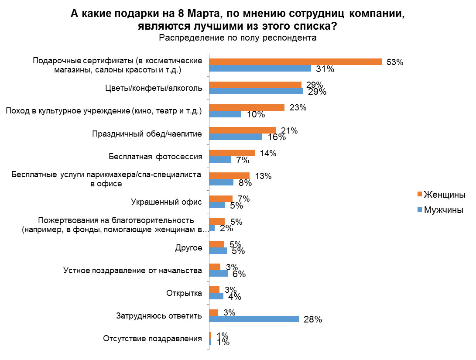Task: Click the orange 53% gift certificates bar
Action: coord(295,62)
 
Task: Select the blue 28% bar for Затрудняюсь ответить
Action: coord(254,319)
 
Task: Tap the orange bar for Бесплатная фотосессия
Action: coord(232,153)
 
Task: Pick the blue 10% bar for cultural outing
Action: coord(225,114)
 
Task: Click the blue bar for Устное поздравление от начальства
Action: coord(218,274)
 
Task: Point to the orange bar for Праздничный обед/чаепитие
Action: coord(242,130)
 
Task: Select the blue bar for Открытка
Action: coord(216,296)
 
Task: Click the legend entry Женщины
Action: coord(444,194)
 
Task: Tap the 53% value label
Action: coord(394,62)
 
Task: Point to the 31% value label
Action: coord(325,69)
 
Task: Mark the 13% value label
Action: coord(263,176)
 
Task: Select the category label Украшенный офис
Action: coord(166,202)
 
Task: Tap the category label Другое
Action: coord(188,248)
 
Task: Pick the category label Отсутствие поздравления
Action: coord(153,339)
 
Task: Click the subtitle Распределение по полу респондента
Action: coord(237,38)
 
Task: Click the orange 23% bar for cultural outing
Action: coord(247,107)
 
